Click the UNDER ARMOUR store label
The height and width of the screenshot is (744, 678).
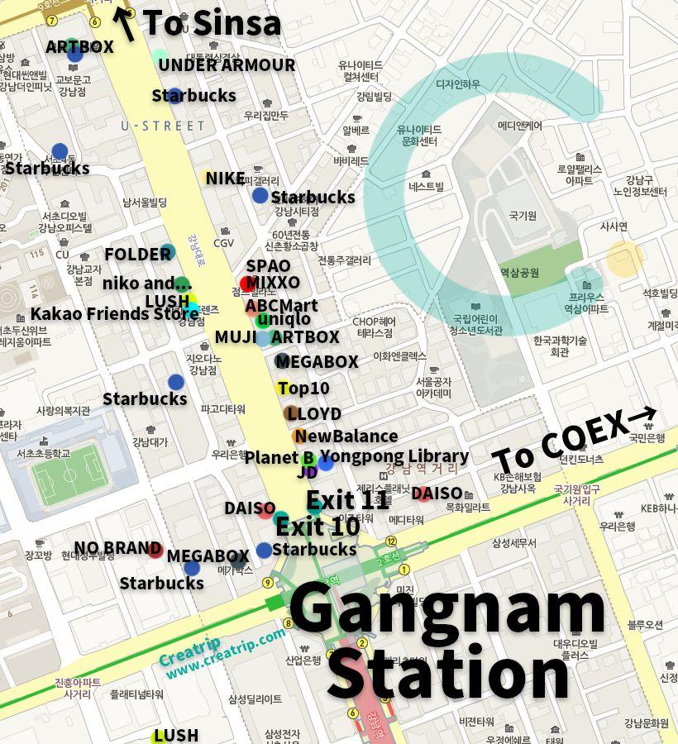[227, 65]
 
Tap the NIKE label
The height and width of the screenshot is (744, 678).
[225, 179]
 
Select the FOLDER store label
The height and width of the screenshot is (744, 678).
[137, 254]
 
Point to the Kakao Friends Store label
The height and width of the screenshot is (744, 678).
[114, 314]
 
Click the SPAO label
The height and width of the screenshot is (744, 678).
[268, 266]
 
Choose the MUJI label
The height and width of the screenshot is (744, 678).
[235, 337]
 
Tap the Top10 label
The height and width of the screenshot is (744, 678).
[303, 389]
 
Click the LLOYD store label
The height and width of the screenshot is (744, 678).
[313, 413]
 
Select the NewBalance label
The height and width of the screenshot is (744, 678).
[346, 436]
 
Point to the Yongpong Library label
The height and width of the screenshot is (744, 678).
[394, 456]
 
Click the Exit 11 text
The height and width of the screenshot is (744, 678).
[347, 500]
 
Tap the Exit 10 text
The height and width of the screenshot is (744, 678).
[318, 527]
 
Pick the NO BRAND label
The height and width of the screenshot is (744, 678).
[117, 548]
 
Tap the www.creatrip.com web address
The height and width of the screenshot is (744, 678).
[225, 655]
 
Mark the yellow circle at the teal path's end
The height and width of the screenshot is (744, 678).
[625, 259]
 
